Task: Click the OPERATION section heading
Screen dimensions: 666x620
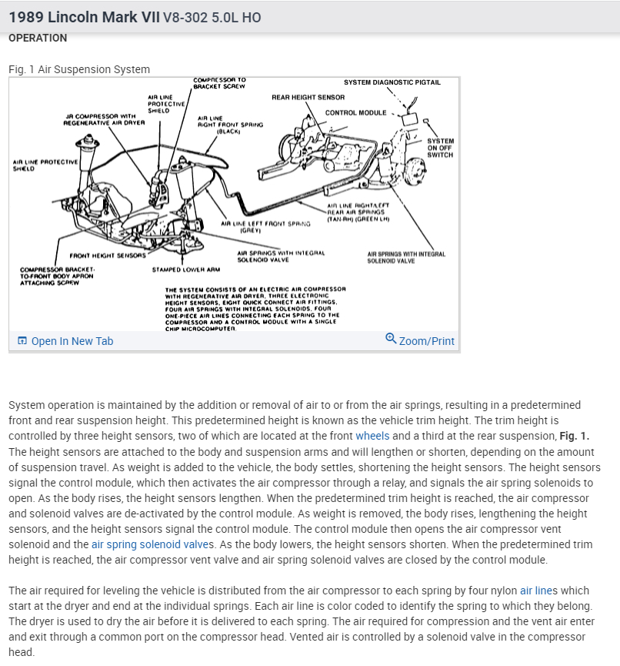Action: pyautogui.click(x=38, y=38)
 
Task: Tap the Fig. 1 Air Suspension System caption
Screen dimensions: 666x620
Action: pyautogui.click(x=79, y=69)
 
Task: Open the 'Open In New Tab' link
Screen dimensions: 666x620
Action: pyautogui.click(x=72, y=341)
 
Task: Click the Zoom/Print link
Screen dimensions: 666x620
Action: pyautogui.click(x=426, y=341)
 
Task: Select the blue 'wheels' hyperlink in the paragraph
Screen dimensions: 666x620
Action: pyautogui.click(x=372, y=435)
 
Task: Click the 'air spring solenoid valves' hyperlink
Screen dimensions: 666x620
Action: pyautogui.click(x=153, y=544)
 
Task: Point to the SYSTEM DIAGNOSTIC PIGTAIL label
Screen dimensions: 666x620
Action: pyautogui.click(x=392, y=82)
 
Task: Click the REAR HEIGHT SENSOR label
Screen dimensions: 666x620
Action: pyautogui.click(x=308, y=97)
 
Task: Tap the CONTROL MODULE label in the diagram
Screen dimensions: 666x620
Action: pyautogui.click(x=355, y=112)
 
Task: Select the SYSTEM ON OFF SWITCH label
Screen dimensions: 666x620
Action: pyautogui.click(x=441, y=148)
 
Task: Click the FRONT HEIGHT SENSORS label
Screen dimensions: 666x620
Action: pyautogui.click(x=107, y=256)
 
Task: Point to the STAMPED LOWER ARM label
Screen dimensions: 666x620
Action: pyautogui.click(x=186, y=269)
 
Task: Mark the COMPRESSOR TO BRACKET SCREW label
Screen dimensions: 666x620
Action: pyautogui.click(x=220, y=82)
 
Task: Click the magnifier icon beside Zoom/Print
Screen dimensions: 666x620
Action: pyautogui.click(x=391, y=340)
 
